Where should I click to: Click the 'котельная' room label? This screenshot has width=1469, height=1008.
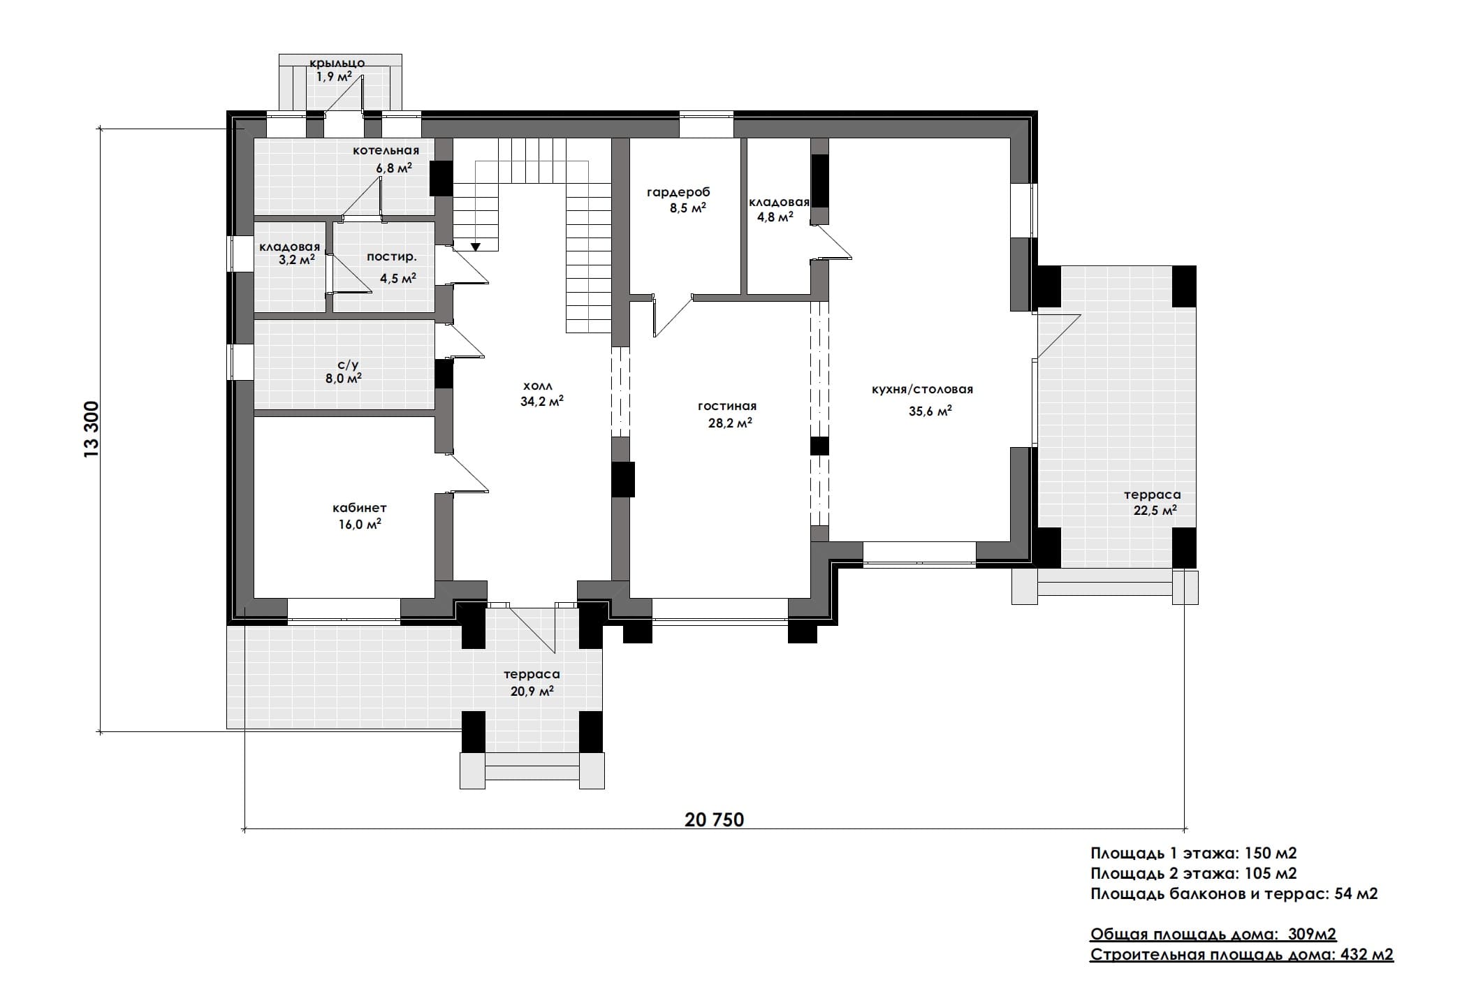click(x=386, y=150)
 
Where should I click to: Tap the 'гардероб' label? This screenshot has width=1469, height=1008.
click(x=678, y=192)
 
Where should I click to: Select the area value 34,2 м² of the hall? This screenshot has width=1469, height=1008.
click(x=541, y=401)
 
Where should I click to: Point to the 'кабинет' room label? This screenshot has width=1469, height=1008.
click(x=359, y=508)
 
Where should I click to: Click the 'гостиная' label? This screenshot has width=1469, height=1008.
click(x=727, y=406)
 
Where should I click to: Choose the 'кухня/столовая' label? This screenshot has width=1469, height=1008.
click(x=922, y=390)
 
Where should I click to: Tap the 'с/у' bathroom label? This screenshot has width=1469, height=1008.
click(x=348, y=364)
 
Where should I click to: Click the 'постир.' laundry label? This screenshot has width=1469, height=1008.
click(x=392, y=257)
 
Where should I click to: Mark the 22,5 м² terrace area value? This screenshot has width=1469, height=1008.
click(x=1155, y=510)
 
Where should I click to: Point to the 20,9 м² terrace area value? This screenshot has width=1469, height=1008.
click(x=532, y=691)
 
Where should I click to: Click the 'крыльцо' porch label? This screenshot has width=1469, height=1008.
click(x=337, y=64)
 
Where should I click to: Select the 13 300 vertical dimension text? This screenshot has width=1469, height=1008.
click(x=92, y=430)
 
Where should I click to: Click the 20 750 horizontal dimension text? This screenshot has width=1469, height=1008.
click(x=715, y=819)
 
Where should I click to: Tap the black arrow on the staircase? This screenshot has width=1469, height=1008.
click(x=476, y=247)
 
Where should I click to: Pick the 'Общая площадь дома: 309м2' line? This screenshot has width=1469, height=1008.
click(x=1213, y=935)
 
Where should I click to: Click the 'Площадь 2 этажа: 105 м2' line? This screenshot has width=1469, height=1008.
click(x=1194, y=873)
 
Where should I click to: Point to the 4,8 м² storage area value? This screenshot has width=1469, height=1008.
click(x=775, y=217)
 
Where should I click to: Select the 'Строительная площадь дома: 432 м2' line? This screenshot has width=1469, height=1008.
click(x=1242, y=955)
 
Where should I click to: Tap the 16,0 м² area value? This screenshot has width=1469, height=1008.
click(x=360, y=525)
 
